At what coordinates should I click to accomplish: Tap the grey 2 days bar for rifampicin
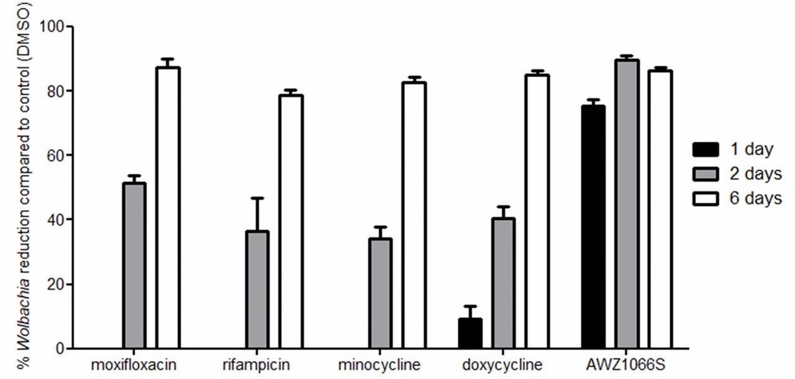[x=257, y=290]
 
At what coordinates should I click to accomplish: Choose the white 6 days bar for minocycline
[x=414, y=215]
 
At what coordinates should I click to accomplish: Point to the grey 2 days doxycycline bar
[x=504, y=283]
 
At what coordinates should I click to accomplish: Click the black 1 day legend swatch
[x=706, y=150]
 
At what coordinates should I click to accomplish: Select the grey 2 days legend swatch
[x=706, y=174]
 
